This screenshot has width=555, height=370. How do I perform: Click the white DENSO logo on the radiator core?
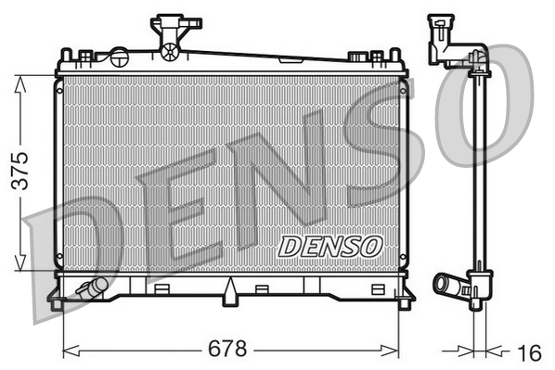pos(329,246)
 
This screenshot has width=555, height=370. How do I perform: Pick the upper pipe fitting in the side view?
pos(443,42)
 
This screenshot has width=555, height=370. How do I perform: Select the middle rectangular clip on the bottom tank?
pos(262,287)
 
